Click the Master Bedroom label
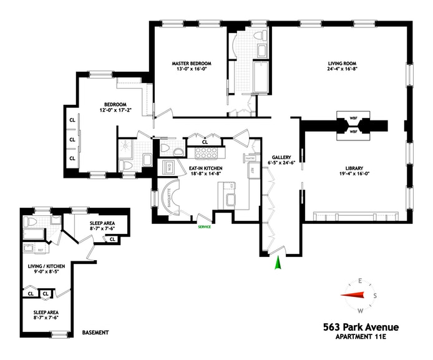coord(192,63)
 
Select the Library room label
coord(353,167)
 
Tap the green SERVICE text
coord(204,226)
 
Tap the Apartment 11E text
coord(361,338)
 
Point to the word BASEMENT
coord(95,333)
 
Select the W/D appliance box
coord(169,167)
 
